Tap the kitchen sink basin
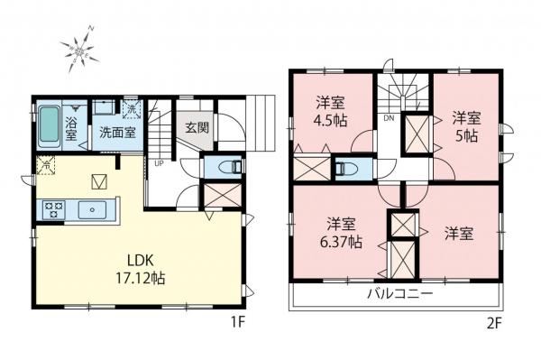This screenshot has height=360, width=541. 93,211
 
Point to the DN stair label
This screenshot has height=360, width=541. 389,118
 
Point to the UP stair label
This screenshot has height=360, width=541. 160,164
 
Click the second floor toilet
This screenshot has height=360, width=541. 344,168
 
